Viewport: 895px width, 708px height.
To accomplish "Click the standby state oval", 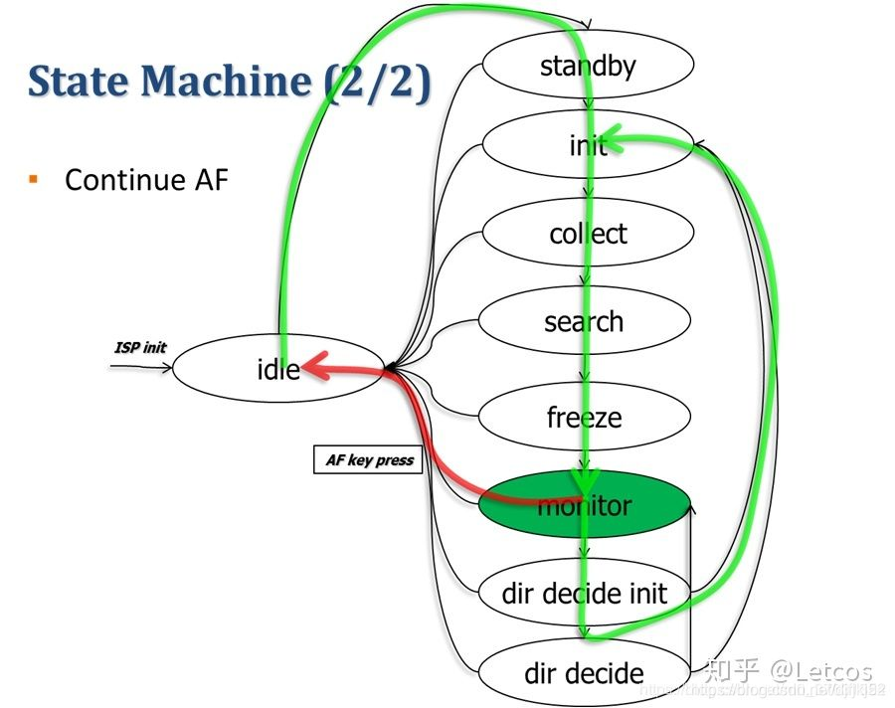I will point(587,67).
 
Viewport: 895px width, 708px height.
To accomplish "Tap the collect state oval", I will point(587,234).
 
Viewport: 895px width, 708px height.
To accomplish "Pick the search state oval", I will point(584,321).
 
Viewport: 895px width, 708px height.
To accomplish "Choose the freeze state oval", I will point(584,418).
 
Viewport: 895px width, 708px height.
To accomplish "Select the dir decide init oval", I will point(584,594).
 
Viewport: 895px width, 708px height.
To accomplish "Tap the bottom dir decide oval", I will point(584,673).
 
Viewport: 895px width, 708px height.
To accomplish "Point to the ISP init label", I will point(140,348).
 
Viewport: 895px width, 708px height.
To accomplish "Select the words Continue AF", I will point(146,180).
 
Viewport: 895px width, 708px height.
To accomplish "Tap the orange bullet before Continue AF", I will point(34,179).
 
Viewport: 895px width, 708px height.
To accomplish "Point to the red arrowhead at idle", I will point(312,370).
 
